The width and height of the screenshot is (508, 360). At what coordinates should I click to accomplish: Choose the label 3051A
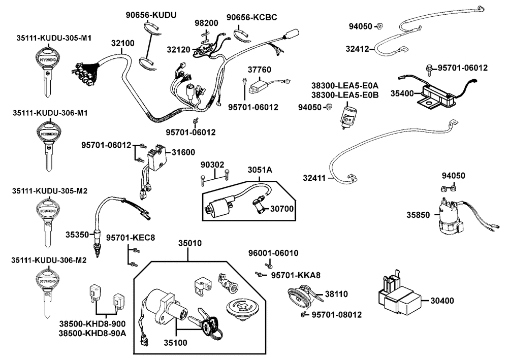[260, 170]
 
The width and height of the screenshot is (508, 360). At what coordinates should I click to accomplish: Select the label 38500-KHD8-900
[92, 323]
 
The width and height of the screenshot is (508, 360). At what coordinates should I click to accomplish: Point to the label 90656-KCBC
[251, 18]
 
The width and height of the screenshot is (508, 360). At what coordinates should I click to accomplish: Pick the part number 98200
[206, 23]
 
